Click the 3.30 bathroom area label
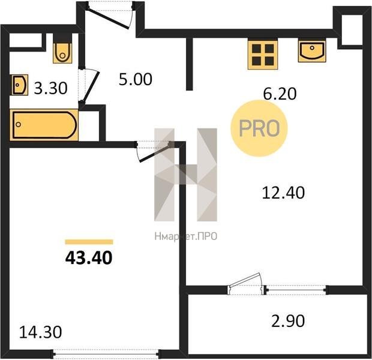point(51,88)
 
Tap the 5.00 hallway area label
point(136,79)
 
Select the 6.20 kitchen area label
point(280,94)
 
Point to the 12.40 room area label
point(283,193)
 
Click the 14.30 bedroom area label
point(41,332)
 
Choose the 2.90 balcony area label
point(288,321)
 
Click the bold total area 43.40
point(89,258)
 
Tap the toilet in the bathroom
point(62,49)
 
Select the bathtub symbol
point(44,125)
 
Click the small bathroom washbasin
point(20,85)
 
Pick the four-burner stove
point(263,54)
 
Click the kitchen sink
point(312,50)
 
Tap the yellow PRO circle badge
point(259,128)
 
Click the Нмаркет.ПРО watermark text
point(186,236)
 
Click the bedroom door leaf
point(155,152)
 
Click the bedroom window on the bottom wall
point(107,354)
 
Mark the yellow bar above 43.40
point(89,242)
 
